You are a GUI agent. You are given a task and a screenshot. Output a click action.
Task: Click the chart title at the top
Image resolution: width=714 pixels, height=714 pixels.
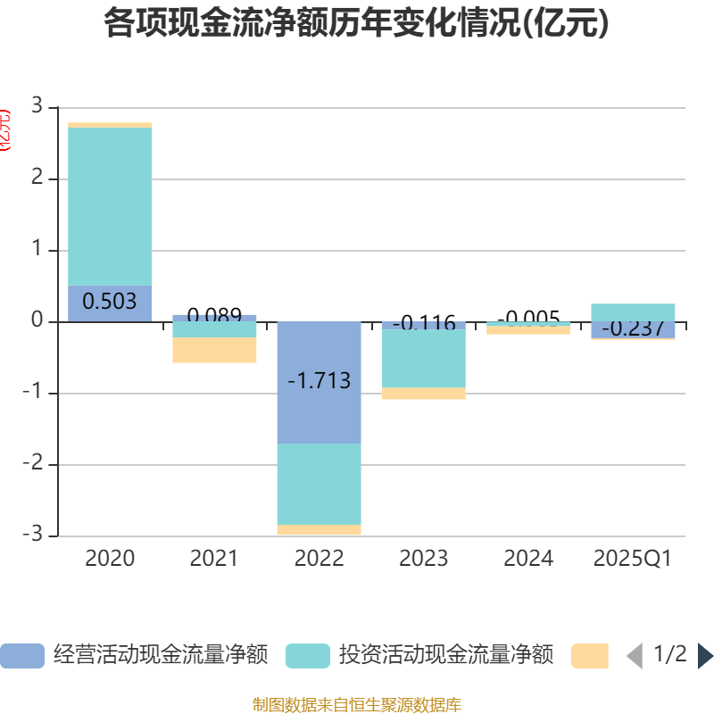click(357, 23)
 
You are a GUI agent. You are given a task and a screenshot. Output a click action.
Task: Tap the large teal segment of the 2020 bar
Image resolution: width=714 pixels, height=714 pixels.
click(110, 206)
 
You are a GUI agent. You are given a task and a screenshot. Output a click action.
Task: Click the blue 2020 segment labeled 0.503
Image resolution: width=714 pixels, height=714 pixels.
click(110, 302)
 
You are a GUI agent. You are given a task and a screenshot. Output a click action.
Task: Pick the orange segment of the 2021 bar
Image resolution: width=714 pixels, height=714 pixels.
click(214, 350)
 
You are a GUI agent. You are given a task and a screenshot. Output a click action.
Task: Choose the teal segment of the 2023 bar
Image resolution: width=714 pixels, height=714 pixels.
click(423, 359)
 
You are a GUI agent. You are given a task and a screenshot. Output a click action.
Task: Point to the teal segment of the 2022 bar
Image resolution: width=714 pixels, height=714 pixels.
click(319, 484)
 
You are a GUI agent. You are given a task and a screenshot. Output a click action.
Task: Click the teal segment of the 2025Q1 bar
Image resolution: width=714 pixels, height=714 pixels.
click(633, 311)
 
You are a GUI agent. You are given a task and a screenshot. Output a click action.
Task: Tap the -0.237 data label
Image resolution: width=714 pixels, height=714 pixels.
click(633, 329)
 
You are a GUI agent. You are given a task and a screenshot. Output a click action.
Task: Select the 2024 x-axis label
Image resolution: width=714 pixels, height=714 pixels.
click(528, 559)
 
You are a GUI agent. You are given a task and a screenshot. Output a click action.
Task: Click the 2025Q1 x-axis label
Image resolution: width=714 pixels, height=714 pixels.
click(633, 559)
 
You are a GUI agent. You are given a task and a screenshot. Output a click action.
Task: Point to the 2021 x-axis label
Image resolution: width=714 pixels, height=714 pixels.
click(214, 559)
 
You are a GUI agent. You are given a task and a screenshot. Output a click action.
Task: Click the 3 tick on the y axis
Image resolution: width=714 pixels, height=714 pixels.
click(37, 106)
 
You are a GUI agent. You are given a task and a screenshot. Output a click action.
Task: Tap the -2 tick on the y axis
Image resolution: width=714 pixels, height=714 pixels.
click(33, 464)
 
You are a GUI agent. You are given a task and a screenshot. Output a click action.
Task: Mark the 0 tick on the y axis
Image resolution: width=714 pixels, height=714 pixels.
click(37, 321)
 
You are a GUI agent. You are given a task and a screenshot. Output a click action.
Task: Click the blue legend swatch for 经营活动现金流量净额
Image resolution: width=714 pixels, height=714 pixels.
click(21, 656)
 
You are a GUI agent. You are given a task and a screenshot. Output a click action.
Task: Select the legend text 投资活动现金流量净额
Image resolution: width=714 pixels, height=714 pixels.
click(445, 655)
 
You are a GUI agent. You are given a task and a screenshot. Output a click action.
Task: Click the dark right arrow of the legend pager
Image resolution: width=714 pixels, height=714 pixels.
click(705, 656)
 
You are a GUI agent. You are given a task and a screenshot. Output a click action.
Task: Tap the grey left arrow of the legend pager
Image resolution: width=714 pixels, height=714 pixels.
click(635, 656)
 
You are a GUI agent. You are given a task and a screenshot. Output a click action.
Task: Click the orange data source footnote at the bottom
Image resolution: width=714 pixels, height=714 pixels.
click(357, 705)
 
